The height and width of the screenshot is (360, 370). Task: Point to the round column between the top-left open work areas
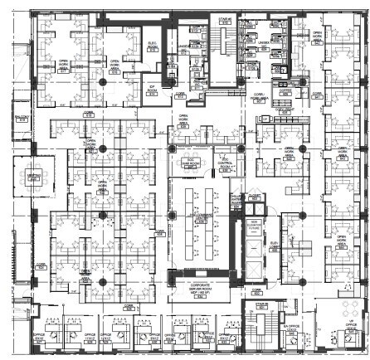[x=101, y=82]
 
